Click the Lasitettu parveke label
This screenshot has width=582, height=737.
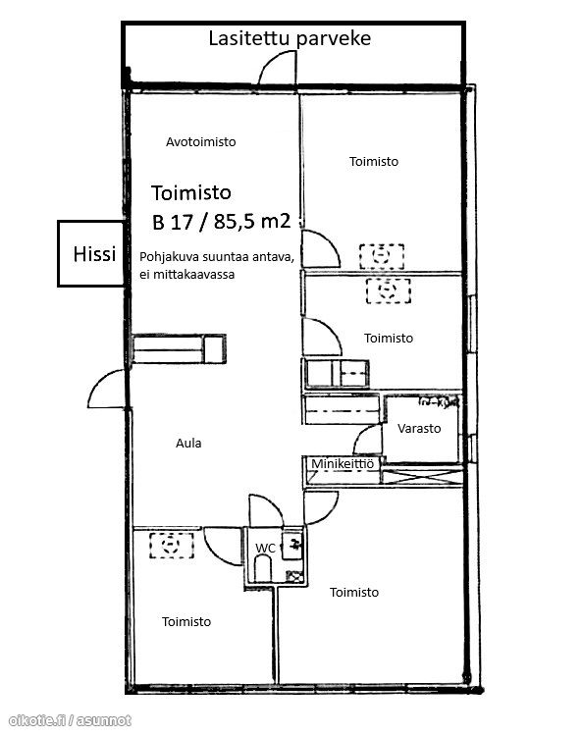290,38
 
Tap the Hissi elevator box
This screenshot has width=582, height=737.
91,254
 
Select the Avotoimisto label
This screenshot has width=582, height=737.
201,142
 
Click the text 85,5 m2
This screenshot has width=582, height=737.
252,221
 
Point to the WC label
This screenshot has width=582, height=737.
265,548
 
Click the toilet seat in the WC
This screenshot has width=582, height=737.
263,568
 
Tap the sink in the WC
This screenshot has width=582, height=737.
292,546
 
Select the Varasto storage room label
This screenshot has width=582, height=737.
419,428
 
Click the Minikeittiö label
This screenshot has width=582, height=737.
343,463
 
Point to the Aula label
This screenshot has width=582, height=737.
188,443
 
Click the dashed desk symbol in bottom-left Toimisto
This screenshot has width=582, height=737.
171,546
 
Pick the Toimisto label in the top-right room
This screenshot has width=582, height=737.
374,162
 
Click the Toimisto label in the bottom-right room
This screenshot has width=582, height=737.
354,592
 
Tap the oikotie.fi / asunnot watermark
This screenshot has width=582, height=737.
70,720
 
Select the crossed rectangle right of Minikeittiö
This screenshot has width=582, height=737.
422,475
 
